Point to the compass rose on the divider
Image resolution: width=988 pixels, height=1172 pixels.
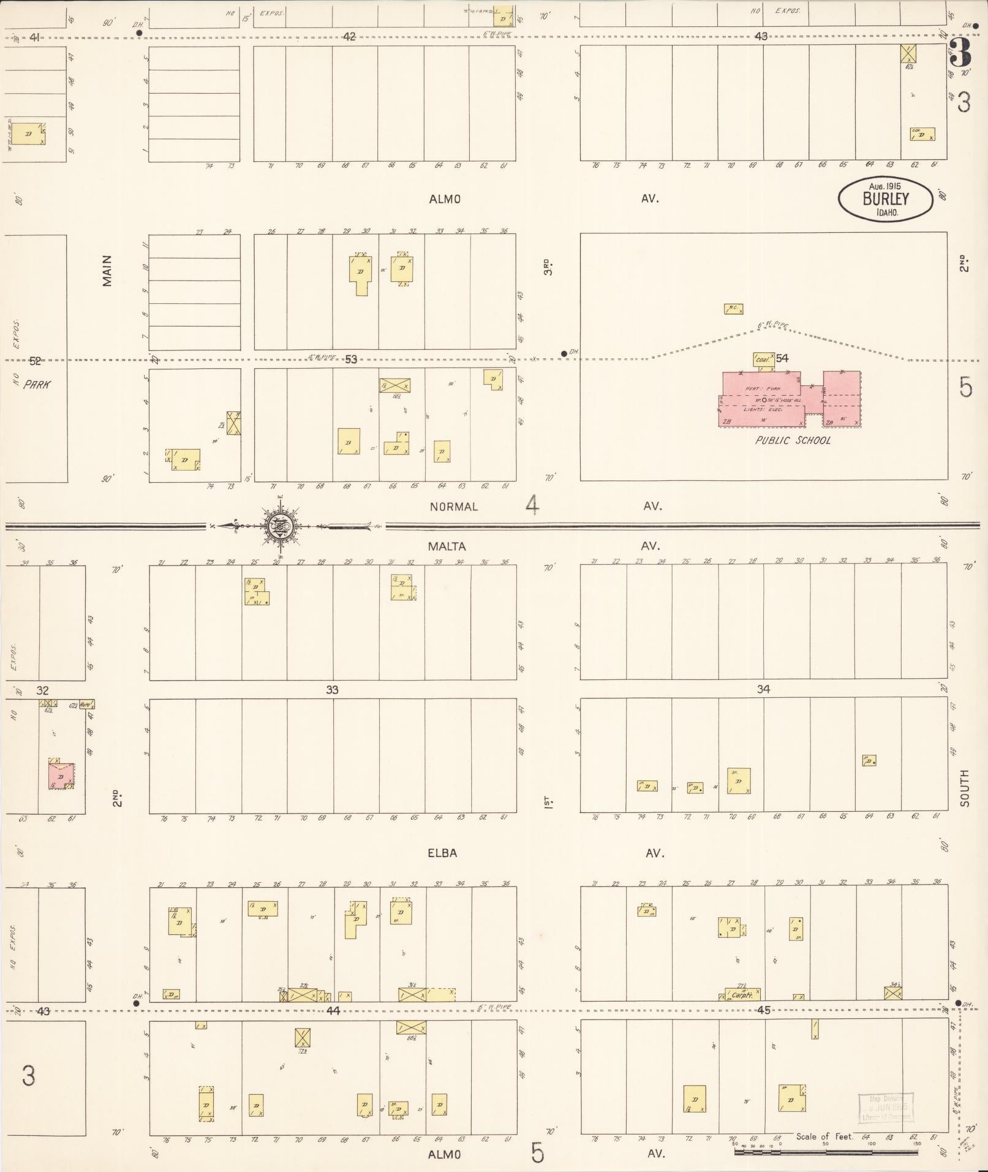pos(281,525)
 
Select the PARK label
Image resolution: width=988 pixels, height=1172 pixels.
pos(37,385)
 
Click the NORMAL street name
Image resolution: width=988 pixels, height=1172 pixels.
pos(453,507)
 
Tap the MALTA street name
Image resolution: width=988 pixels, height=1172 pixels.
pos(447,546)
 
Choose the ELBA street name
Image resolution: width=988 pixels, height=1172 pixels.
pos(442,853)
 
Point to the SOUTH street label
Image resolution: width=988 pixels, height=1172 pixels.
pos(965,788)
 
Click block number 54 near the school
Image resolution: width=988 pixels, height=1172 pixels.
pos(782,358)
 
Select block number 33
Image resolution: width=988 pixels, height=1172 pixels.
pos(332,690)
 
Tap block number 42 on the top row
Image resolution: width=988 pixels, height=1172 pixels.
pos(349,37)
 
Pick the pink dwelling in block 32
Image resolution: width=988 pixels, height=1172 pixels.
pos(61,776)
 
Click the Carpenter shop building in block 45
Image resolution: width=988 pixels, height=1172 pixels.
pos(742,994)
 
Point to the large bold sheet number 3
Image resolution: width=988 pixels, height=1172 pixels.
pos(960,53)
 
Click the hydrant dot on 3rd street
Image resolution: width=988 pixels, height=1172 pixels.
pos(564,353)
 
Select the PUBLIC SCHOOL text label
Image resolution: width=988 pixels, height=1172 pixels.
pos(793,440)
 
